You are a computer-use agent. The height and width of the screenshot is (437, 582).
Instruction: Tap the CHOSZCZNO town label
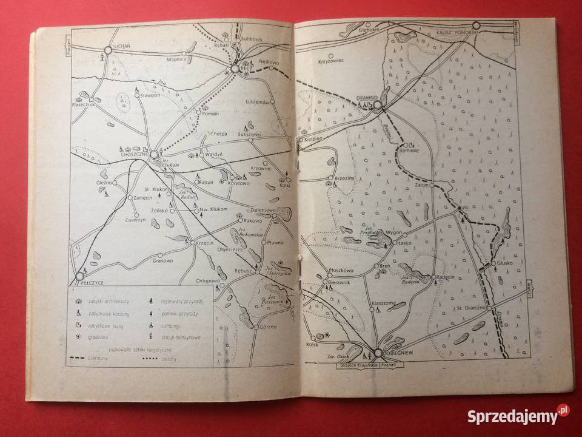(132, 156)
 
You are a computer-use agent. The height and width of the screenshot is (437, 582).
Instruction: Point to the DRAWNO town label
(367, 97)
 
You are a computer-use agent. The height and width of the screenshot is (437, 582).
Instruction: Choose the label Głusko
(504, 263)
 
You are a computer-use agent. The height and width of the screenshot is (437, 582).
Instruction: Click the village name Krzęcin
(206, 242)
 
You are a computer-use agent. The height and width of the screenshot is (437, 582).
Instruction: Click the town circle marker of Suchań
(109, 51)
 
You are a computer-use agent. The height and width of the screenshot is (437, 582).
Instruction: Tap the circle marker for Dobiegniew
(377, 353)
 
